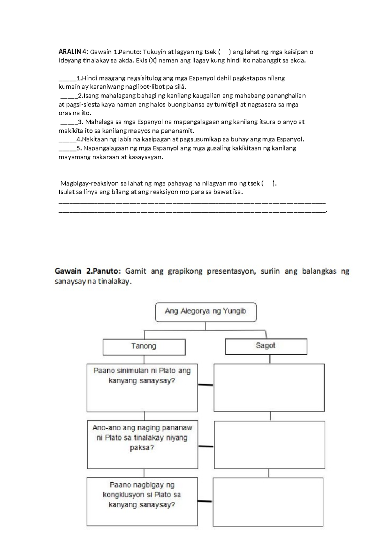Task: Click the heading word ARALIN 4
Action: pyautogui.click(x=73, y=52)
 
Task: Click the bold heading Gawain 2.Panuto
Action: pyautogui.click(x=88, y=271)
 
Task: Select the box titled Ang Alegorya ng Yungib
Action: pyautogui.click(x=206, y=312)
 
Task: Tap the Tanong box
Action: pyautogui.click(x=144, y=347)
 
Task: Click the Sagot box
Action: pyautogui.click(x=266, y=346)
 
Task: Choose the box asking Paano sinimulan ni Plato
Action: pyautogui.click(x=142, y=387)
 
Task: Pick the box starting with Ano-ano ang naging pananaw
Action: pyautogui.click(x=142, y=444)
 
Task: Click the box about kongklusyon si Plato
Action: pyautogui.click(x=142, y=501)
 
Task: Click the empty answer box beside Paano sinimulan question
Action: pyautogui.click(x=269, y=387)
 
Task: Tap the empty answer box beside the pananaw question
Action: pyautogui.click(x=269, y=444)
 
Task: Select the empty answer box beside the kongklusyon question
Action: pyautogui.click(x=268, y=502)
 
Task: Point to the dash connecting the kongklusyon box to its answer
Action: pyautogui.click(x=205, y=501)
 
